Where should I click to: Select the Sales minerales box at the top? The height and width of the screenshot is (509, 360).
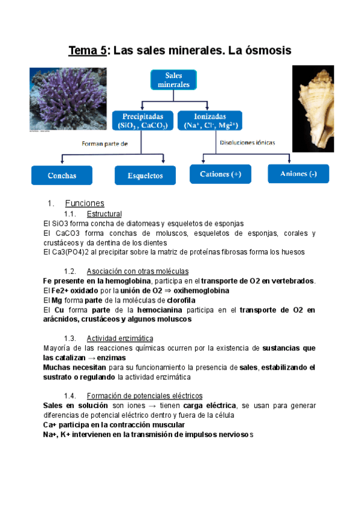pyautogui.click(x=173, y=80)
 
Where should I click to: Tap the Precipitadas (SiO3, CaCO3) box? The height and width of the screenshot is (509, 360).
pyautogui.click(x=142, y=120)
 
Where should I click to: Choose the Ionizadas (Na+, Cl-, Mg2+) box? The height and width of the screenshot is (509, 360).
pyautogui.click(x=209, y=120)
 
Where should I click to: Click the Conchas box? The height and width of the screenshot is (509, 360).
pyautogui.click(x=62, y=175)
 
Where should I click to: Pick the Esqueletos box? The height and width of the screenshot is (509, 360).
pyautogui.click(x=145, y=175)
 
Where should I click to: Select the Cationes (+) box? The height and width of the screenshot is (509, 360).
pyautogui.click(x=220, y=174)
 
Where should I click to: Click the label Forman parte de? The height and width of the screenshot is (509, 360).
pyautogui.click(x=106, y=143)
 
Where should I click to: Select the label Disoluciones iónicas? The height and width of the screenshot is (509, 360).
pyautogui.click(x=248, y=143)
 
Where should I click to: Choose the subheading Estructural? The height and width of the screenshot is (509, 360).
pyautogui.click(x=104, y=214)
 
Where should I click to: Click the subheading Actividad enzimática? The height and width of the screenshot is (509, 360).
pyautogui.click(x=120, y=338)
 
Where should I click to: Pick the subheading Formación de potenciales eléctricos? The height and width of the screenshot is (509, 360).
pyautogui.click(x=145, y=396)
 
